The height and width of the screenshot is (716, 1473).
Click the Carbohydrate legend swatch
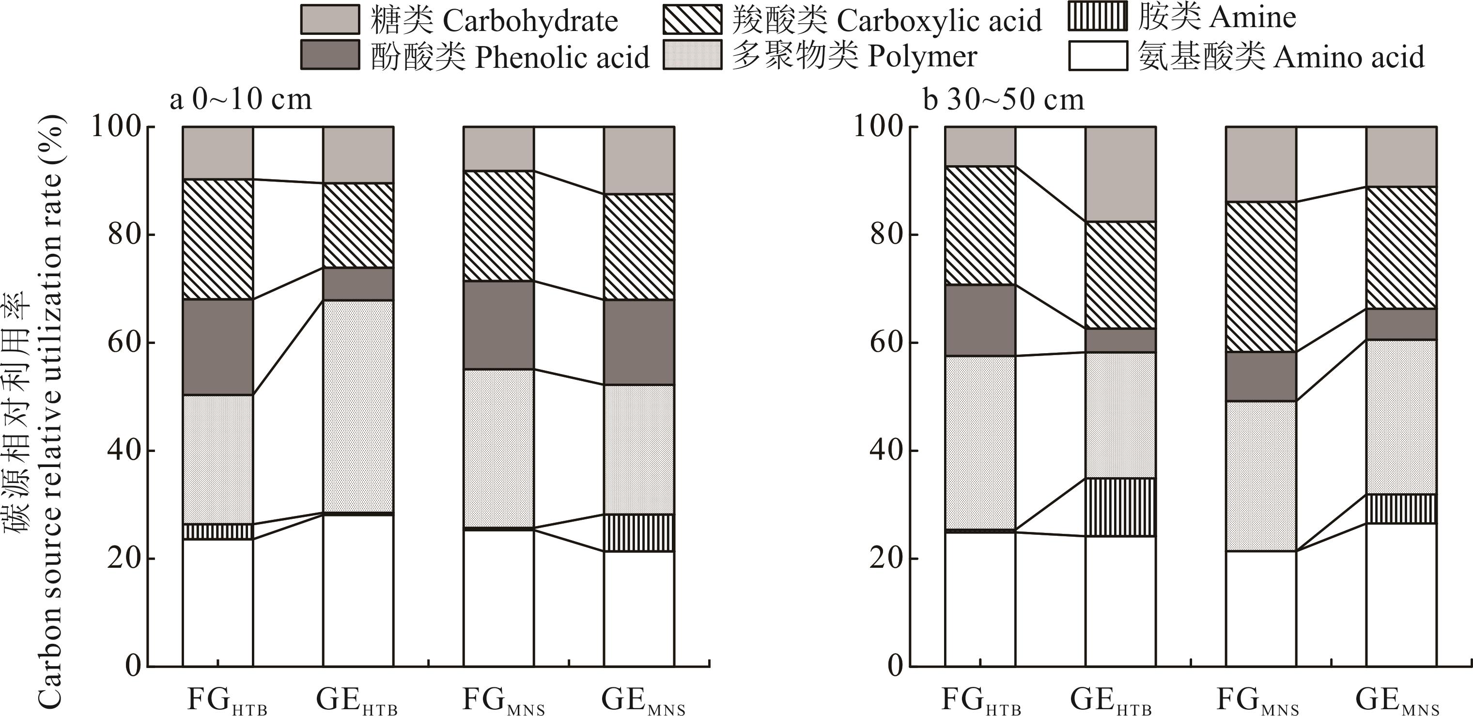[330, 20]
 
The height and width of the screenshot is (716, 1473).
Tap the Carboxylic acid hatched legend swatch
[693, 20]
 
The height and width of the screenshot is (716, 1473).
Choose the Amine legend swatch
[1097, 16]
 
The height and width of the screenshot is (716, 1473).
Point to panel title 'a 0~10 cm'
[241, 99]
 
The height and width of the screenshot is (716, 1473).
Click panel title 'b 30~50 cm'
[1004, 99]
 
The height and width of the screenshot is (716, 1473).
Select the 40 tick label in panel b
[887, 451]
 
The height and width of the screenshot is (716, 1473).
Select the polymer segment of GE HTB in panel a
[358, 406]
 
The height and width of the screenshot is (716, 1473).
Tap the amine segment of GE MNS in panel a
[639, 532]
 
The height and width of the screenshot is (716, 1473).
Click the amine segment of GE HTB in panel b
[1121, 507]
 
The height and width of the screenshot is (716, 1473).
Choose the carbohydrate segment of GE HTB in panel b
[1121, 174]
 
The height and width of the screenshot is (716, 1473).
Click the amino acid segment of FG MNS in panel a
[498, 598]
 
